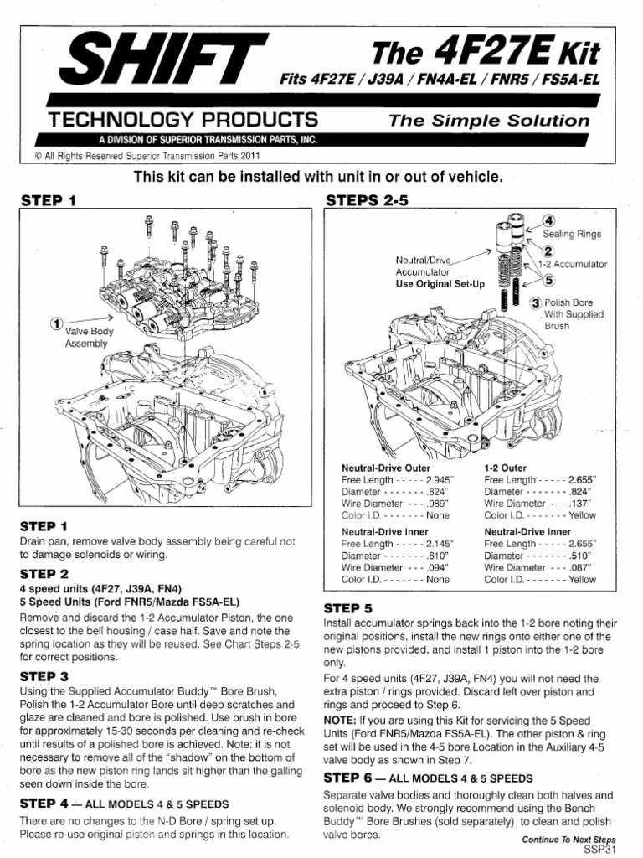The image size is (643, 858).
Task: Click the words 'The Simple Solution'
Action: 490,121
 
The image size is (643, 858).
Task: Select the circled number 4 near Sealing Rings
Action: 549,220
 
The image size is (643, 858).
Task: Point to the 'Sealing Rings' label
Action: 572,235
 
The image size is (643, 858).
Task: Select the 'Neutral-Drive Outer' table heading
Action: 386,467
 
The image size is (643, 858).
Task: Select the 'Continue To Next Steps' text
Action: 568,838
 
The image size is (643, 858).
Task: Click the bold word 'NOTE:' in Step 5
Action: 341,719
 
